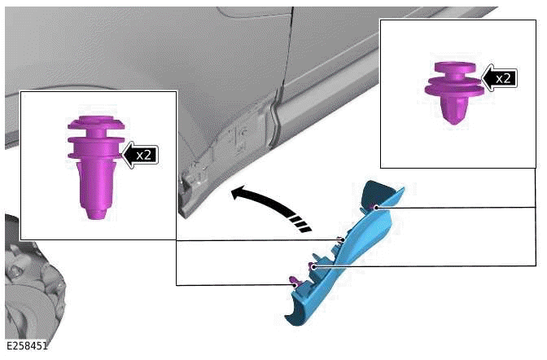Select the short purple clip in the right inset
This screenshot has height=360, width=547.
tap(453, 90)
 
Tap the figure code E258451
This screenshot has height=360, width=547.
tap(25, 346)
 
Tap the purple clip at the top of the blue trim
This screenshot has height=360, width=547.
tap(375, 208)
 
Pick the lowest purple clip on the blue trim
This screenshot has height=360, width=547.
tap(291, 282)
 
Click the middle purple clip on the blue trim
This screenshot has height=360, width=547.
tap(313, 266)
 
